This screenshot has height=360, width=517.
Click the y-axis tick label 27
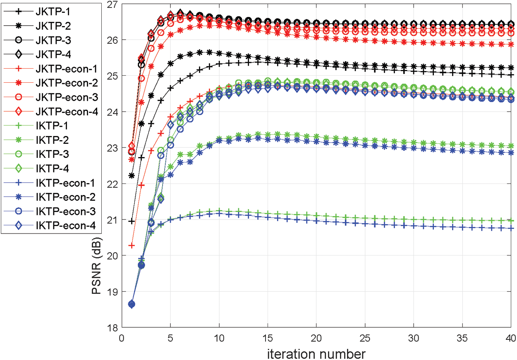point(111,5)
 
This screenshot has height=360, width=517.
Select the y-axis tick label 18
point(111,328)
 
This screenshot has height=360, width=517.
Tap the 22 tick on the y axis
point(111,184)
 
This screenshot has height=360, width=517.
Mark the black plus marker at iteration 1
point(132,222)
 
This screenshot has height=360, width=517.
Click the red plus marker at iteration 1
point(132,246)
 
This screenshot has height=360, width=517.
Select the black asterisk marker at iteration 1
point(132,176)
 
